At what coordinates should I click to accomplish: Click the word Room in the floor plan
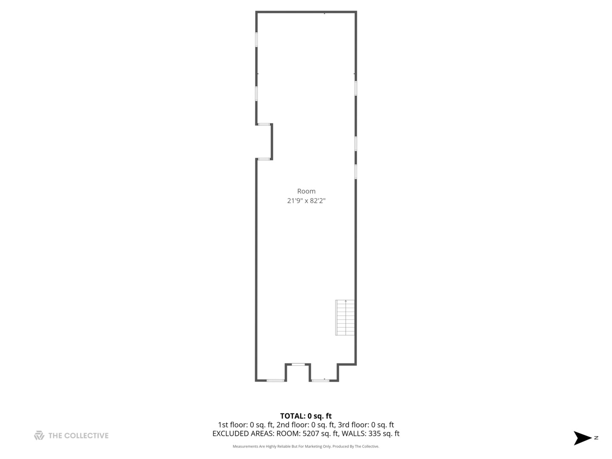point(306,191)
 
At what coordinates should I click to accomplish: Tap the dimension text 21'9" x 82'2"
point(306,201)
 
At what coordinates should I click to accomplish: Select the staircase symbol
point(345,317)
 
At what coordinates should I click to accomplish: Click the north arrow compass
point(582,438)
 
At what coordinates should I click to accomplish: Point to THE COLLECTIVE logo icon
point(39,435)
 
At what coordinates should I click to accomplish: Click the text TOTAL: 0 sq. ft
point(306,416)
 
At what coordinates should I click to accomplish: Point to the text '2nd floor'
point(292,425)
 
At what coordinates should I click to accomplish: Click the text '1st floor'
point(232,425)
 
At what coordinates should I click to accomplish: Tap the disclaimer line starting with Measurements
point(306,446)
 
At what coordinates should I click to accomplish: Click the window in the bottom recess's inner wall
point(298,364)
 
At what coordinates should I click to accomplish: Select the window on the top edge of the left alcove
point(264,124)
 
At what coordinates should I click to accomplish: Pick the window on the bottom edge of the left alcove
point(264,159)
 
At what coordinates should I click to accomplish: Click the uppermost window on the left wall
point(257,40)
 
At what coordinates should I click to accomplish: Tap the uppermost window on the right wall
point(356,88)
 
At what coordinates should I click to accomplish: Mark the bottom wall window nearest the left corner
point(275,380)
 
